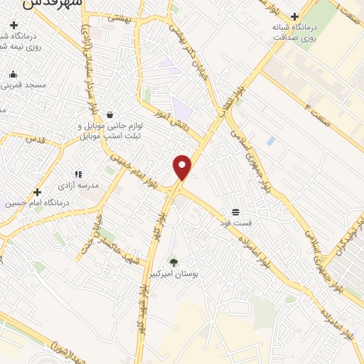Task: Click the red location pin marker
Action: (182, 166)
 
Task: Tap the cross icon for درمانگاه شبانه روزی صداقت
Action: (294, 16)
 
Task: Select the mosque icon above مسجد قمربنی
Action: (13, 74)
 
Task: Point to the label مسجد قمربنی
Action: (23, 85)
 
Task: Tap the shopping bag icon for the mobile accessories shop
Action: (109, 114)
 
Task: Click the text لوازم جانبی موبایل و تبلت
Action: (109, 130)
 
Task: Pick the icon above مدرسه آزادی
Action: (79, 173)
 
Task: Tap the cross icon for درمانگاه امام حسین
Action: (37, 192)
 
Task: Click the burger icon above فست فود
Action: (235, 212)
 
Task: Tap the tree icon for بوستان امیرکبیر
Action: (173, 262)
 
